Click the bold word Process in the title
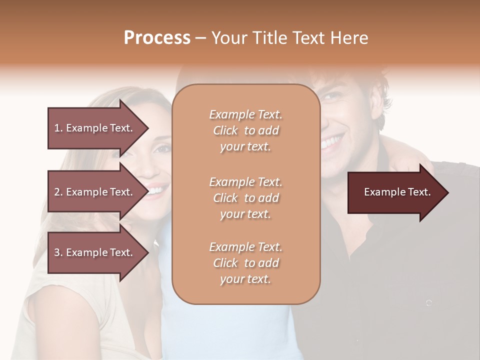[157, 38]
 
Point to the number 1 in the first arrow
[57, 128]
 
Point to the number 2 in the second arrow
[57, 192]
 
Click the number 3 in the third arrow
[57, 252]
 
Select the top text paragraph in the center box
[245, 130]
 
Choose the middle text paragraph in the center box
[245, 198]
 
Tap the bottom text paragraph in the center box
[245, 263]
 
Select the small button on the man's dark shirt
[428, 302]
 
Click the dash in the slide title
[201, 38]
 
